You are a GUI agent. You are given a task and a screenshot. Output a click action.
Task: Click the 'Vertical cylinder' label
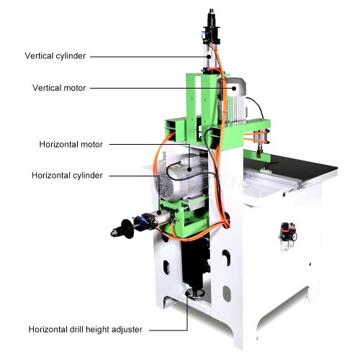pos(55,56)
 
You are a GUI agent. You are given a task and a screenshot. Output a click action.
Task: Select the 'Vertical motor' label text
pos(59,88)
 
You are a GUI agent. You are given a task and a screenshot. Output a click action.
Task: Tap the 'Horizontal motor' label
pos(71,145)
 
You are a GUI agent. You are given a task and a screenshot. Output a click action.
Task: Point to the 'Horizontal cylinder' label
pos(67,176)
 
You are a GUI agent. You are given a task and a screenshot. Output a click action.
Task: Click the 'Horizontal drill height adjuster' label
pos(86,329)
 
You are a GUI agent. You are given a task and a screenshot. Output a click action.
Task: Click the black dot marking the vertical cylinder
pos(209,57)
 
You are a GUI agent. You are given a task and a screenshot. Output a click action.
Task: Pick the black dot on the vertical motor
pos(234,88)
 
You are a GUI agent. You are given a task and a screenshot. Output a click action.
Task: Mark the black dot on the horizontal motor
pos(189,169)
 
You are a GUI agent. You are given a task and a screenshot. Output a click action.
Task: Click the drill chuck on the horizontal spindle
pos(116,232)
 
